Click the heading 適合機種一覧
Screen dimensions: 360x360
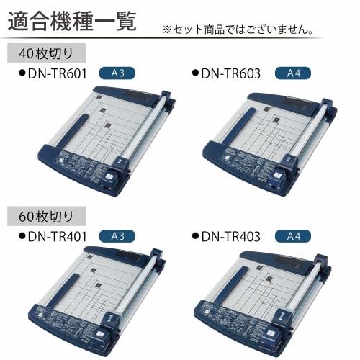tap(72, 19)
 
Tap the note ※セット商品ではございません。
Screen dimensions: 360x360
tap(238, 30)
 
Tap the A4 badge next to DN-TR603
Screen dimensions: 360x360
tap(293, 73)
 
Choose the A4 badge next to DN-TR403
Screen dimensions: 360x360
tap(293, 235)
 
